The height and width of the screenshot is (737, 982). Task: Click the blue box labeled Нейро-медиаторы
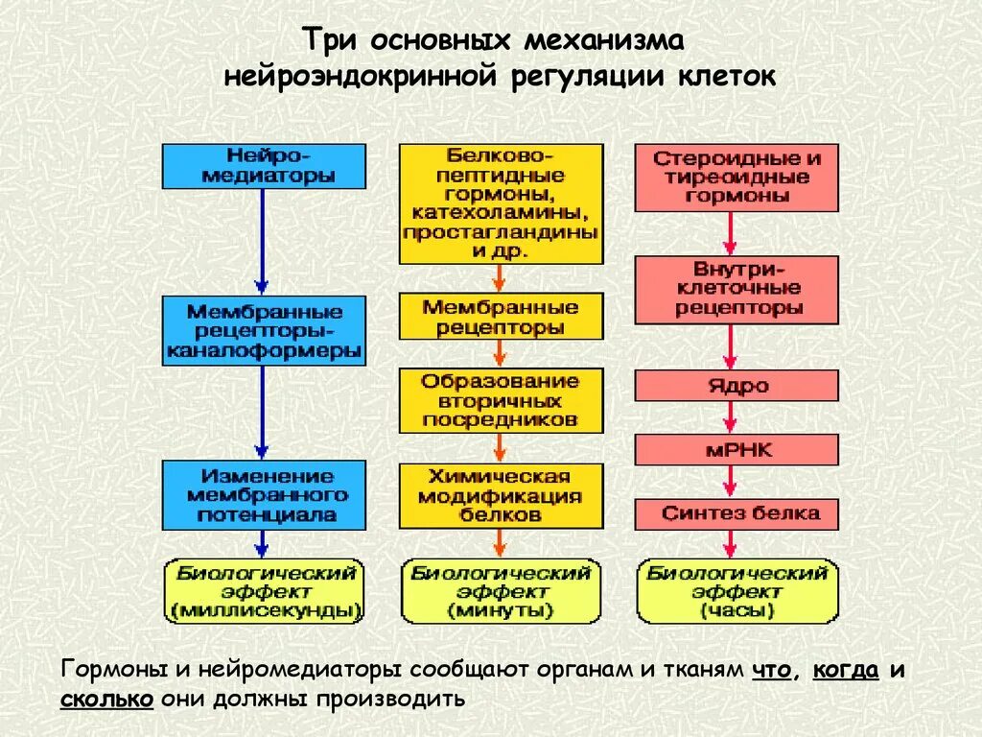click(x=264, y=166)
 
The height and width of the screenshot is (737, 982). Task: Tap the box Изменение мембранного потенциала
click(x=264, y=494)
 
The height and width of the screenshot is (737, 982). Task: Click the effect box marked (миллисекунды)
click(x=264, y=590)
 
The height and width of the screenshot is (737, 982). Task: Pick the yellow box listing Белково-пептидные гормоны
click(x=501, y=203)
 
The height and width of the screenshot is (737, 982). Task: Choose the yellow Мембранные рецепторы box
click(x=501, y=317)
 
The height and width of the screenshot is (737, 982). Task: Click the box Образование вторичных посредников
click(x=501, y=400)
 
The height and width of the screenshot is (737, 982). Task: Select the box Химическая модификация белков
click(x=501, y=495)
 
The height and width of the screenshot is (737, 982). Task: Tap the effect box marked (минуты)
click(x=501, y=590)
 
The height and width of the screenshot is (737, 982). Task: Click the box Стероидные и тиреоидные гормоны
click(x=736, y=178)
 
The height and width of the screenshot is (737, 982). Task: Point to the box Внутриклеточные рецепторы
click(x=736, y=289)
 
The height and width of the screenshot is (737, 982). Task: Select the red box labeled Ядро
click(x=736, y=386)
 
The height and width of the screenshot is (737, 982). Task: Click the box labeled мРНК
click(x=736, y=449)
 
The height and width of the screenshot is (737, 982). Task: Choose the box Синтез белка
click(x=736, y=513)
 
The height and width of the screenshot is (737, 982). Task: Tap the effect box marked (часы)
click(x=736, y=590)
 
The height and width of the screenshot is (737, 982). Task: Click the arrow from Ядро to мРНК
click(x=733, y=417)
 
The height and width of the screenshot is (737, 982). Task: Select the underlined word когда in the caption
click(x=845, y=670)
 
